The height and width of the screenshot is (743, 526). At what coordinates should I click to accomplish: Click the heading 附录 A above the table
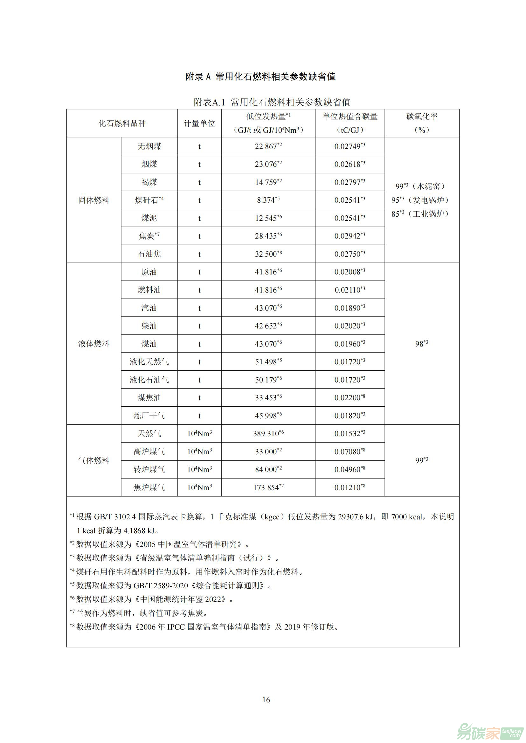pos(198,77)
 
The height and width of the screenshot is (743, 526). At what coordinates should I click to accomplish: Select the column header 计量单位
pos(199,123)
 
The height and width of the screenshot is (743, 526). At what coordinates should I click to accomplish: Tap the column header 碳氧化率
pos(422,117)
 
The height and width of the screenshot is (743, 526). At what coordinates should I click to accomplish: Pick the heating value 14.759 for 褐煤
pos(266,182)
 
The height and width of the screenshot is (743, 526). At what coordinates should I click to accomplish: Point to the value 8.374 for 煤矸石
pos(266,200)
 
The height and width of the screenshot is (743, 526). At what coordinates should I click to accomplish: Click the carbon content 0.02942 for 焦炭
pos(348,236)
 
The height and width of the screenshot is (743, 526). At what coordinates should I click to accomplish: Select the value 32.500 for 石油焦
pos(266,254)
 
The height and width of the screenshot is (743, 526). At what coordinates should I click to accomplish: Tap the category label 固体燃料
pos(93,200)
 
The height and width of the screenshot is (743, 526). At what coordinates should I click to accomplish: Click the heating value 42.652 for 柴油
pos(266,326)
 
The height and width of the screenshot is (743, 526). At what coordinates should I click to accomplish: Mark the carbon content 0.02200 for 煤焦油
pos(348,397)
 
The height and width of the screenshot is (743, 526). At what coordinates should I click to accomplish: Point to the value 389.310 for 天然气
pos(266,433)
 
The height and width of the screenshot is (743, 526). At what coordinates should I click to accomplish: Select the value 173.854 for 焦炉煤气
pos(266,487)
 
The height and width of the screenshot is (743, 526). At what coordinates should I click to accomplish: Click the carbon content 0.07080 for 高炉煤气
pos(348,451)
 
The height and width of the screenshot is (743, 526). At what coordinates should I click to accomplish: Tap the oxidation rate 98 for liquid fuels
pos(419,344)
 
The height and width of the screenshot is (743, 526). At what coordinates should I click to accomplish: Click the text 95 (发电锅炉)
pos(420,200)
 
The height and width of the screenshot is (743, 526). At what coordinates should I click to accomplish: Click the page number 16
pos(266,699)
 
